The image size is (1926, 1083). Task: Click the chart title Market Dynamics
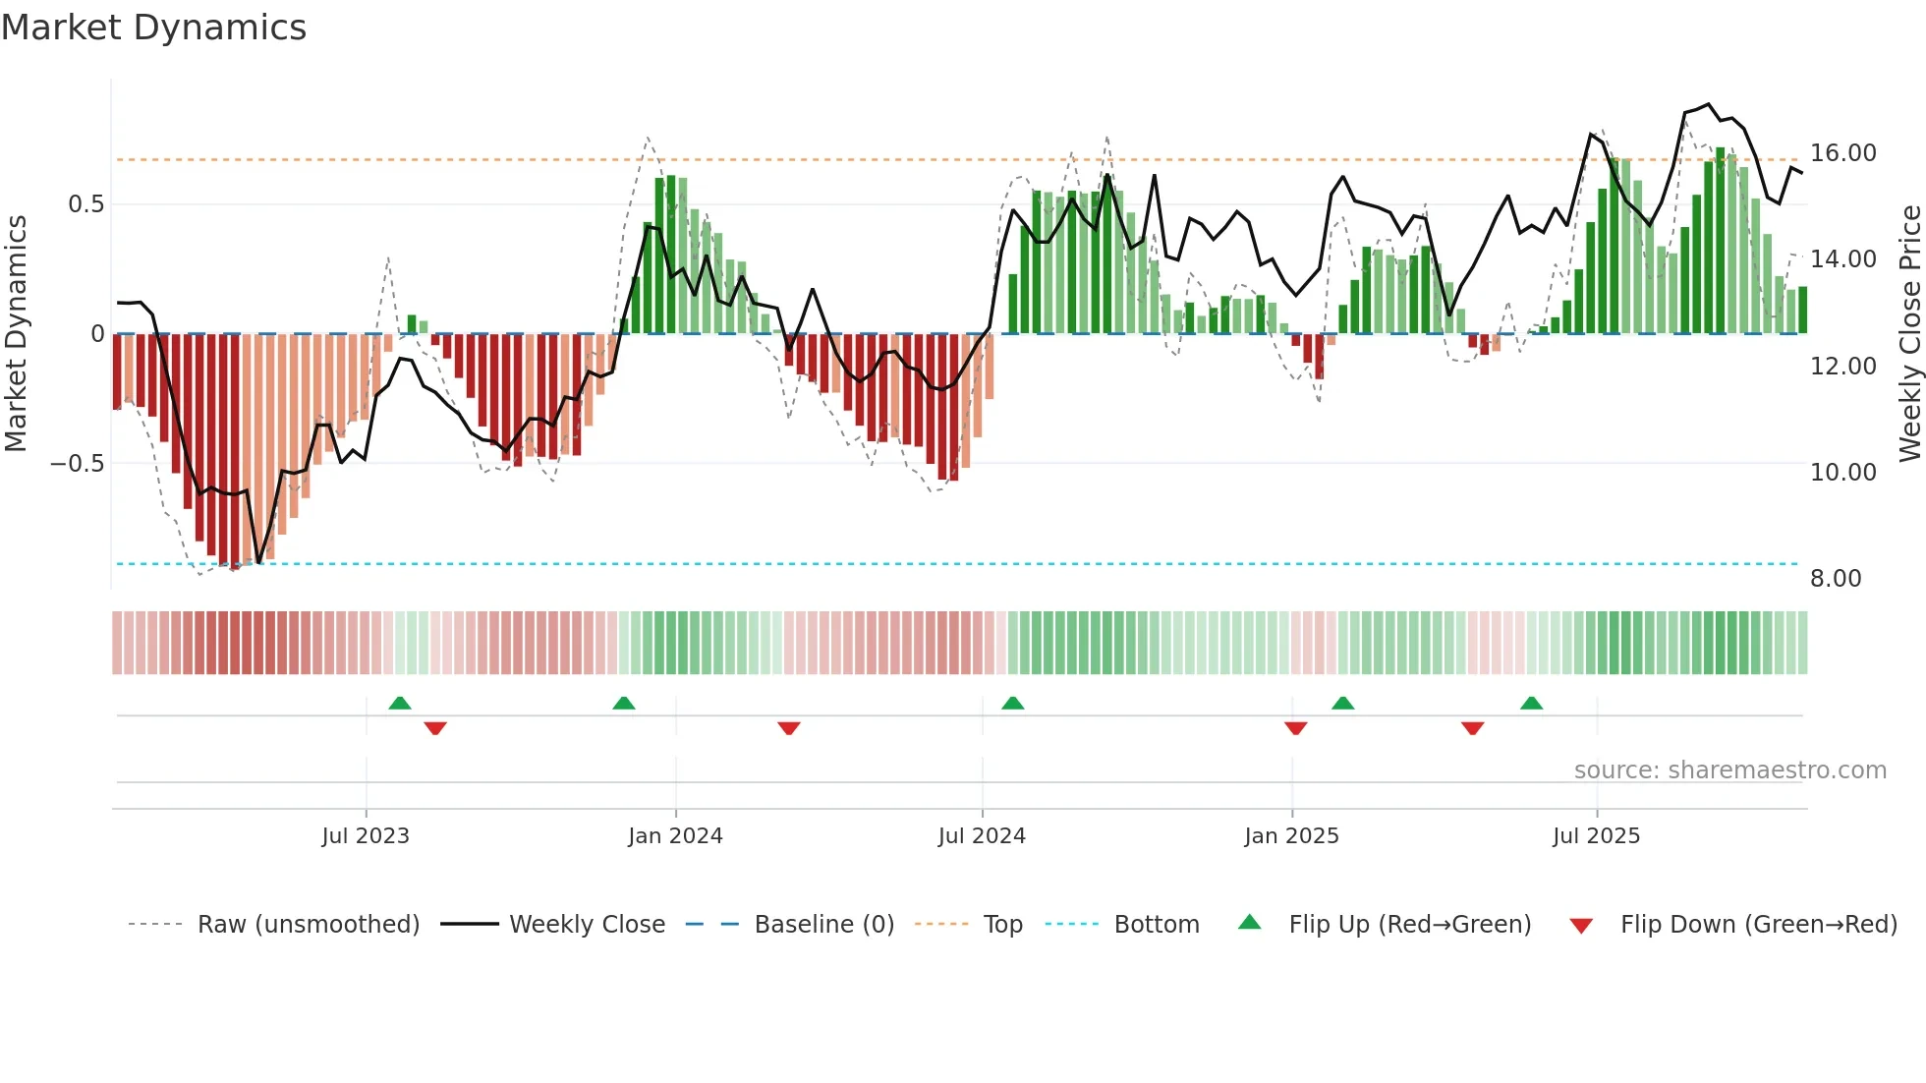[x=153, y=28]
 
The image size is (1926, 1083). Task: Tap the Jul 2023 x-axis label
[x=365, y=836]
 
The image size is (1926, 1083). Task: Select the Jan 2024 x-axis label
[x=675, y=836]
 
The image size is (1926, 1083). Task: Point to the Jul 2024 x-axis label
[x=982, y=836]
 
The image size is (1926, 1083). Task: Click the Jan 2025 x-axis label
[x=1291, y=836]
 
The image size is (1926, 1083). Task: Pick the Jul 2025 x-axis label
[x=1596, y=836]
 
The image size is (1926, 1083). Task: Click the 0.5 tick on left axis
[x=85, y=204]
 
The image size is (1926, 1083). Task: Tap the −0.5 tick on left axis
[x=77, y=464]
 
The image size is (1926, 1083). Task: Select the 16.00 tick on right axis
[x=1842, y=153]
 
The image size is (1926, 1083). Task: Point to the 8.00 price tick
[x=1836, y=579]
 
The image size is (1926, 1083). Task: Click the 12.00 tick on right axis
[x=1842, y=367]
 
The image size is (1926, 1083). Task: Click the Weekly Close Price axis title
[x=1909, y=333]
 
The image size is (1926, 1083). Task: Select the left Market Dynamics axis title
[x=16, y=333]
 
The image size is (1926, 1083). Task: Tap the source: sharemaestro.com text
[x=1729, y=770]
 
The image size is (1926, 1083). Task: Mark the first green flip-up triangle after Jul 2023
[x=400, y=703]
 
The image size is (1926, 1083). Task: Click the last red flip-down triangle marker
[x=1472, y=728]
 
